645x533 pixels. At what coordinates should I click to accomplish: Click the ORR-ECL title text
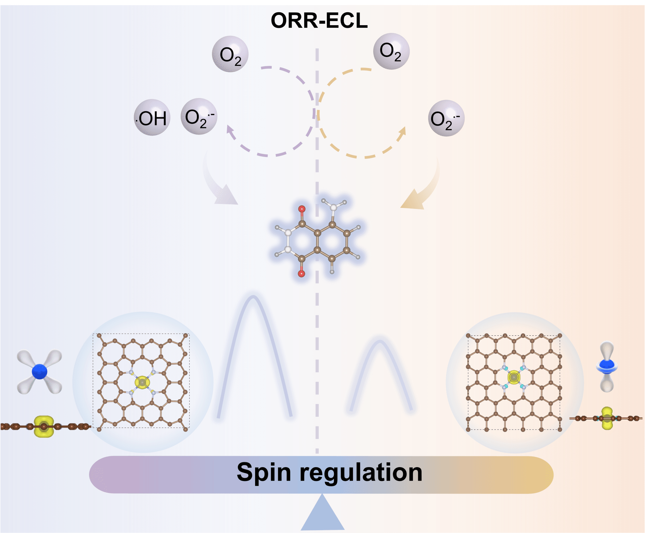click(x=319, y=21)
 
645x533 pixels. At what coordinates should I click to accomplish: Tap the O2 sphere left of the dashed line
click(x=230, y=54)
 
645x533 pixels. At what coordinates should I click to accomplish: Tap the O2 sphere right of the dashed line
click(x=391, y=51)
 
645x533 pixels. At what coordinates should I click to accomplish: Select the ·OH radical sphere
click(x=152, y=118)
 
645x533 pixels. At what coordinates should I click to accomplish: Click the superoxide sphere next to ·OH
click(x=199, y=117)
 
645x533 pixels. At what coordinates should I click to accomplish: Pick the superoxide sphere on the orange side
click(x=446, y=118)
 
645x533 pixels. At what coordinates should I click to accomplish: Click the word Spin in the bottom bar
click(x=264, y=472)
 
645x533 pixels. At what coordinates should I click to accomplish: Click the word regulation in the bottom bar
click(x=361, y=472)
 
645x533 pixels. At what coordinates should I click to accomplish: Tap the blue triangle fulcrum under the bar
click(x=322, y=514)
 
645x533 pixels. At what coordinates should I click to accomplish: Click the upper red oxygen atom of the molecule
click(x=302, y=209)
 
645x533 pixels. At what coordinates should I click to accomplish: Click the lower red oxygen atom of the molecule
click(x=301, y=274)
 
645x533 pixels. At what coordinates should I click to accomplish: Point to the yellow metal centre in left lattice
click(x=142, y=382)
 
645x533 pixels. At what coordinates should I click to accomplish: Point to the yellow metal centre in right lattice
click(x=514, y=377)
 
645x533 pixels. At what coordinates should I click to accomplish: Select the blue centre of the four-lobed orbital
click(x=40, y=371)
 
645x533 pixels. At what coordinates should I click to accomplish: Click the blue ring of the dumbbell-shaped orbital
click(x=607, y=366)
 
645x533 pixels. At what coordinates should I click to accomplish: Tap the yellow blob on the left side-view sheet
click(x=44, y=426)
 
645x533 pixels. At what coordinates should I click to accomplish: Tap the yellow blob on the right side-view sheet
click(x=607, y=419)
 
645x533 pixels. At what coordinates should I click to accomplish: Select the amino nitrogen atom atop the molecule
click(x=333, y=207)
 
